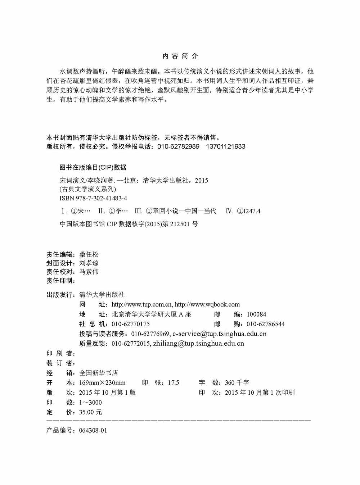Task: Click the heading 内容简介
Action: pos(180,56)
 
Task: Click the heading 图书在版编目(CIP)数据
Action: pos(93,167)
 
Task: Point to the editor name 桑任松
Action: pos(89,254)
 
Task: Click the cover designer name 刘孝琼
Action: pos(89,263)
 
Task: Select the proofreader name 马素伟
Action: pos(89,272)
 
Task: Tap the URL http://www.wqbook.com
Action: pos(207,304)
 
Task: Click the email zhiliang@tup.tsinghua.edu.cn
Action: pos(198,343)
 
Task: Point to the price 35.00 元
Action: pos(90,412)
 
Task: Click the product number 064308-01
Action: pos(93,430)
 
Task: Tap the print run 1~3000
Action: pos(90,402)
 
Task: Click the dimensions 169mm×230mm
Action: pos(102,382)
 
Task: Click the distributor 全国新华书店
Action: pos(98,373)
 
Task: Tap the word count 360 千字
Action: pos(237,382)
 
